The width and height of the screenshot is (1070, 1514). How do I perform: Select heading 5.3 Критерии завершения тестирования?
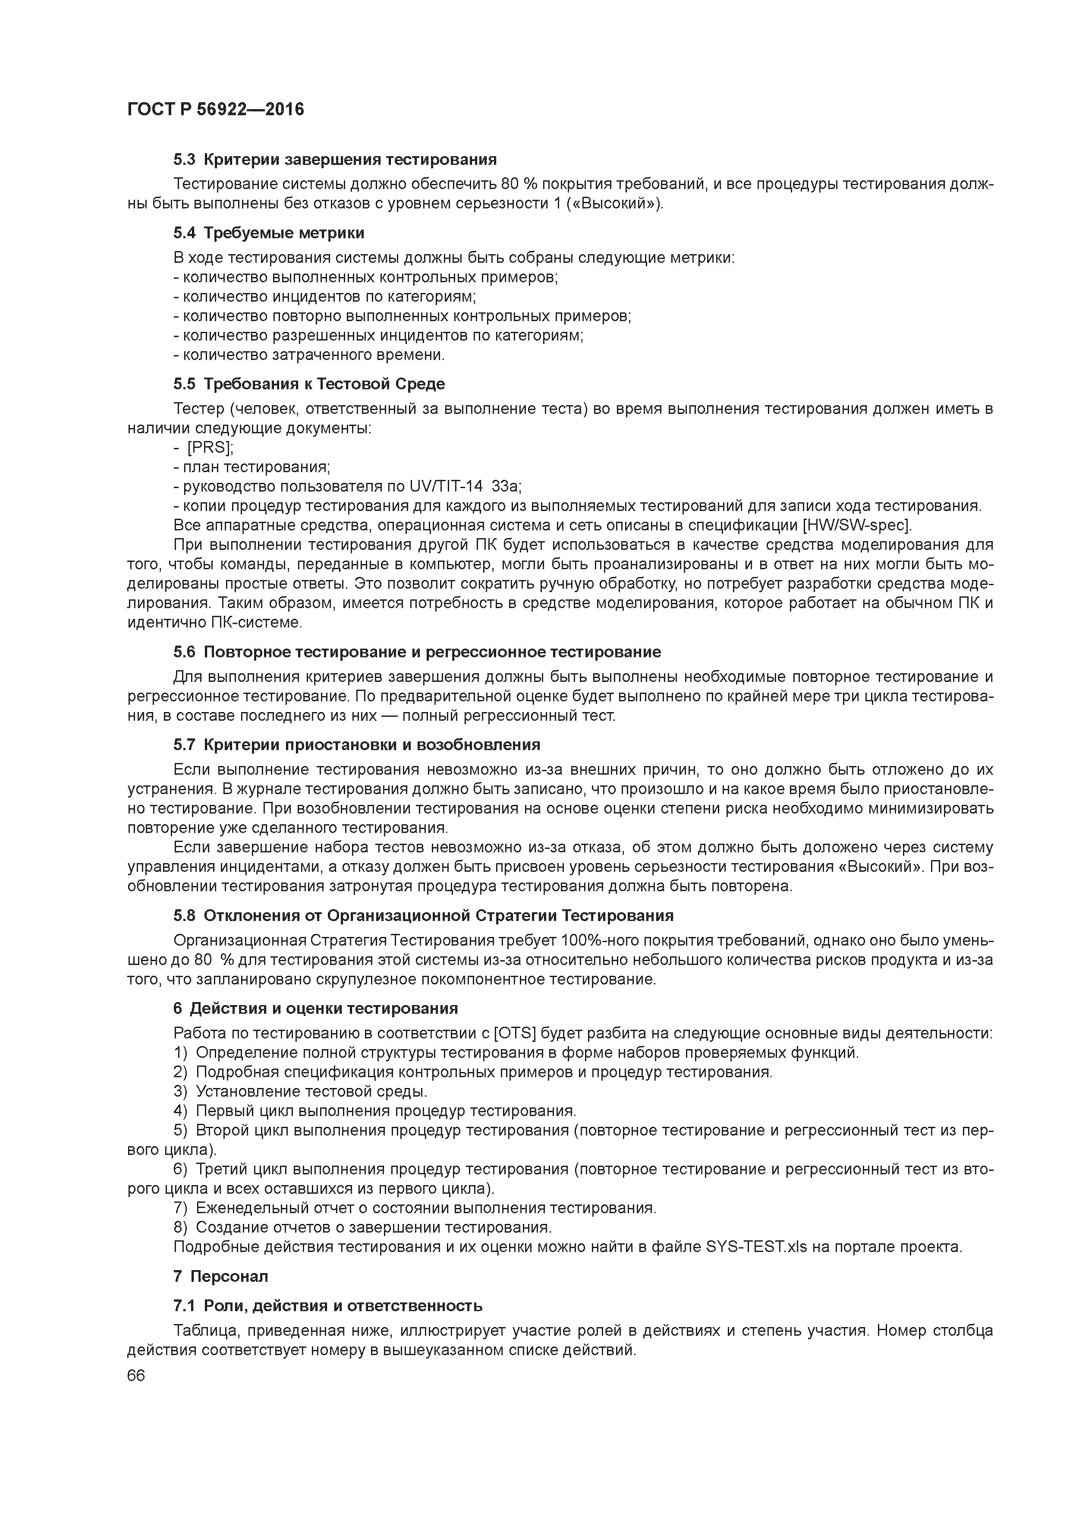tap(334, 160)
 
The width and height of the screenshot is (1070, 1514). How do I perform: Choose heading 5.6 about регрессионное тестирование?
tap(417, 652)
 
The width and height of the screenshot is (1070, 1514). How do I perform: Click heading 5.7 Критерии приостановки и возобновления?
tap(356, 745)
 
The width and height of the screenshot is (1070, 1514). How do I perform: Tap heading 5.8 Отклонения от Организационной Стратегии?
tap(423, 915)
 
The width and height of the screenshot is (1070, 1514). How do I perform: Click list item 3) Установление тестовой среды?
tap(300, 1091)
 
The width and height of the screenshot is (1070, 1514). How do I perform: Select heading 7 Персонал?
tap(221, 1277)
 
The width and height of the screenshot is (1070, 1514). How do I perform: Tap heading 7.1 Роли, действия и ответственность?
tap(327, 1306)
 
